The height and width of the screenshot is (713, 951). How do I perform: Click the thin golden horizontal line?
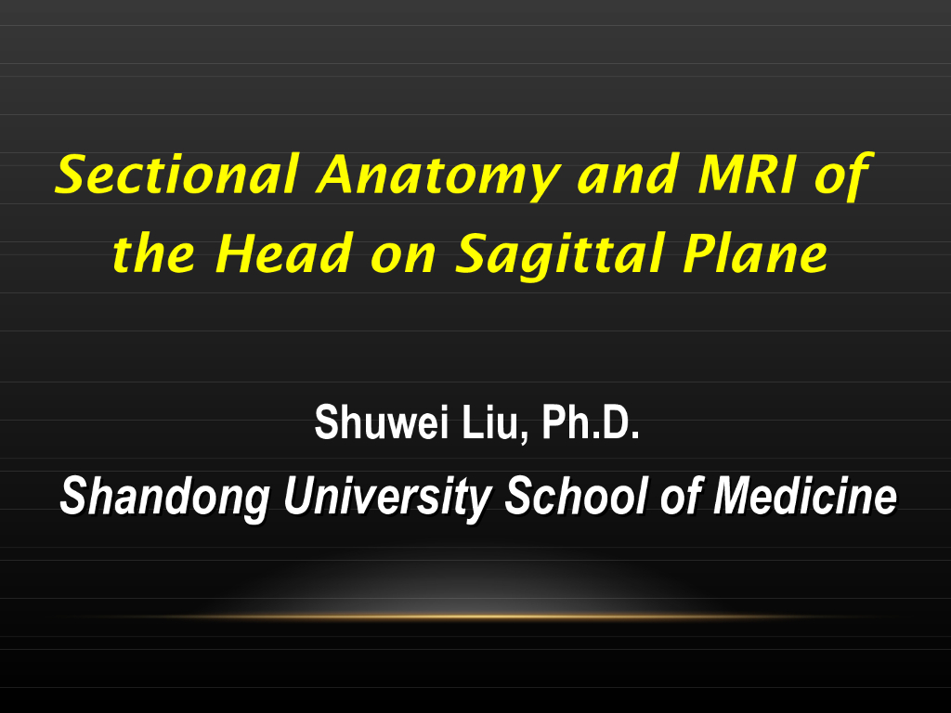pyautogui.click(x=475, y=616)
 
